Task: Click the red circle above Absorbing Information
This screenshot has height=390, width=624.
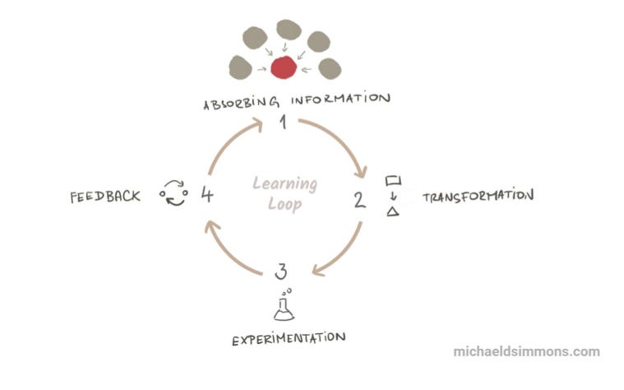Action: coord(283,68)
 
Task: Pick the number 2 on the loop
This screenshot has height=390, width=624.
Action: coord(359,199)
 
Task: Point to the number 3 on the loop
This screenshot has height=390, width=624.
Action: coord(282,272)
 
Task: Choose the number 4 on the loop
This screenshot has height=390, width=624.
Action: coord(207,195)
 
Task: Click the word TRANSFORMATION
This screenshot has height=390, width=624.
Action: coord(478,197)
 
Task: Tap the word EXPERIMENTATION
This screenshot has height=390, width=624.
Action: coord(287,337)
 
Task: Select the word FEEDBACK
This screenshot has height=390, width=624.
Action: coord(105,196)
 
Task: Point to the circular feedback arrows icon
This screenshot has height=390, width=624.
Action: coord(173,194)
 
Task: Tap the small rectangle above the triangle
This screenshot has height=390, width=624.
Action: coord(393,179)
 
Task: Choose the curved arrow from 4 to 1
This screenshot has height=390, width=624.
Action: coord(226,145)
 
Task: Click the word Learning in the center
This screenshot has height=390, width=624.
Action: coord(284,183)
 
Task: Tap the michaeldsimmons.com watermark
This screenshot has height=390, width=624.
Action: coord(526,351)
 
